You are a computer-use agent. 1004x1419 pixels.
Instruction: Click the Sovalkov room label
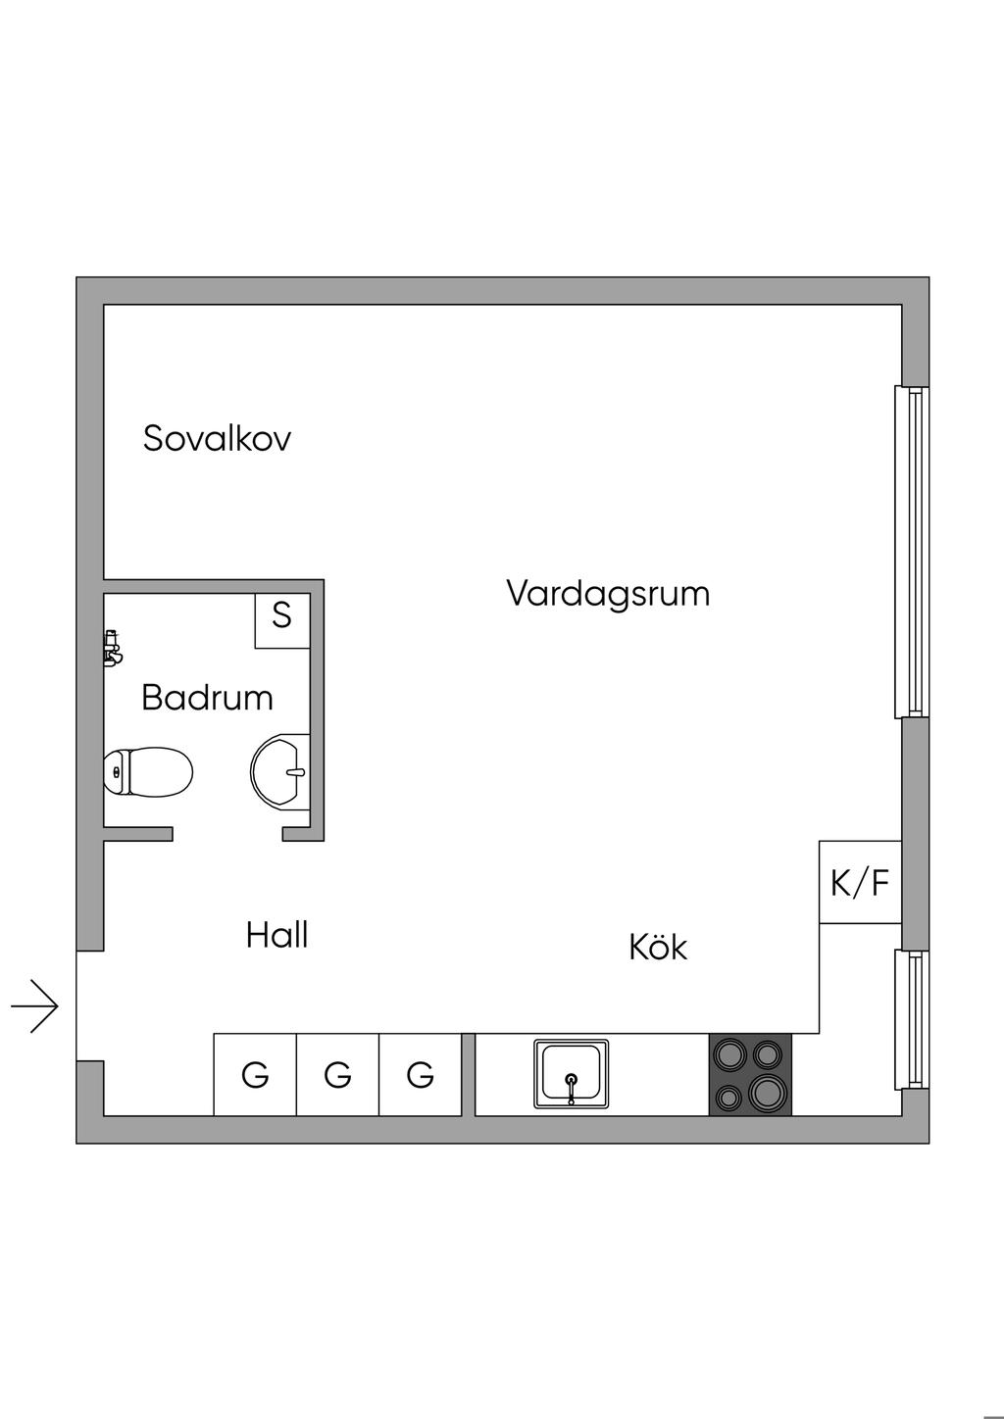(x=217, y=438)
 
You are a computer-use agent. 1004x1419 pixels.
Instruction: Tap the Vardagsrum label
(x=608, y=594)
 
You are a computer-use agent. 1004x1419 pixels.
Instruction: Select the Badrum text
(x=207, y=698)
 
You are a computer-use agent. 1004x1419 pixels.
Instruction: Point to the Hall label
(x=277, y=935)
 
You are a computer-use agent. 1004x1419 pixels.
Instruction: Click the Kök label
(x=658, y=948)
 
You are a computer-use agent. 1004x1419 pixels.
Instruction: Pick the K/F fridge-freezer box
(x=860, y=882)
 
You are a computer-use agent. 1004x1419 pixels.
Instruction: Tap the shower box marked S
(x=282, y=618)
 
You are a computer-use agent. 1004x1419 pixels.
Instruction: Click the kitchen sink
(x=571, y=1074)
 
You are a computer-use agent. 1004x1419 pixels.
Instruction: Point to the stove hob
(x=750, y=1074)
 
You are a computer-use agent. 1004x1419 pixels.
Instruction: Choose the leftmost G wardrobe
(x=255, y=1075)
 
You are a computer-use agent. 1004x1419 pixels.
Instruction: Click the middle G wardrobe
(x=337, y=1075)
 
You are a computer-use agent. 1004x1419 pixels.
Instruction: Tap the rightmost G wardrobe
(x=420, y=1075)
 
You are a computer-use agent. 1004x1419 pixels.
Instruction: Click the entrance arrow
(x=36, y=1005)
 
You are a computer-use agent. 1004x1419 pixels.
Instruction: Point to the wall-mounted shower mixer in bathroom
(x=112, y=648)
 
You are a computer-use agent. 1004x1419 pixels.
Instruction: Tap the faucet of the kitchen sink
(x=571, y=1084)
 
